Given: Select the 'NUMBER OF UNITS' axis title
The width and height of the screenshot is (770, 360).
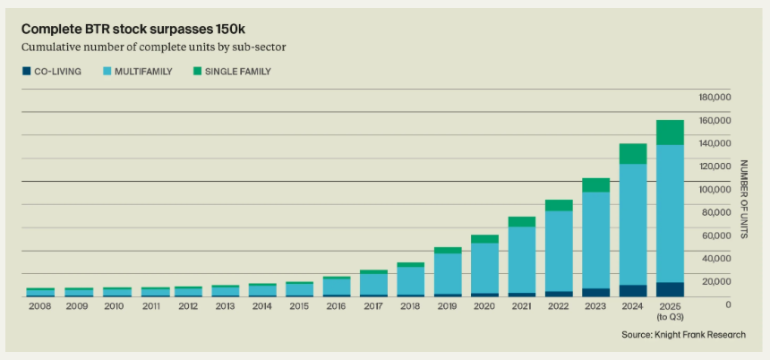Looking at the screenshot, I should (x=743, y=199).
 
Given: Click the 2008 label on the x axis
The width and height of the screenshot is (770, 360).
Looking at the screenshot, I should (x=40, y=305).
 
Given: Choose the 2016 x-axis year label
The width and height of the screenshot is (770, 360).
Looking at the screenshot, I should (x=337, y=305).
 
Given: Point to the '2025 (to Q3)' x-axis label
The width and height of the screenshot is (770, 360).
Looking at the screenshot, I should (x=670, y=311).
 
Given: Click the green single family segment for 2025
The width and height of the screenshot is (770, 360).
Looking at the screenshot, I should (x=670, y=133).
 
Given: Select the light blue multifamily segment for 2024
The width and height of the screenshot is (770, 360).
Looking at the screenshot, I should (x=633, y=224).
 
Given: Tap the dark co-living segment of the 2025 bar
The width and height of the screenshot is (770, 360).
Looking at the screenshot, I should (x=670, y=289).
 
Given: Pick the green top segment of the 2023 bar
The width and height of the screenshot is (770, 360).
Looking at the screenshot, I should (x=595, y=184).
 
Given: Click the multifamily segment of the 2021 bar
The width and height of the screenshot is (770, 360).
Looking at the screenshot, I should (x=521, y=260).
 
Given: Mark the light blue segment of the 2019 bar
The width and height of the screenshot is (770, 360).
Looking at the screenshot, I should (x=448, y=273).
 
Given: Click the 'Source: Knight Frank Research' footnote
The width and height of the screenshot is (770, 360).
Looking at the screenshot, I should (x=683, y=335).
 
